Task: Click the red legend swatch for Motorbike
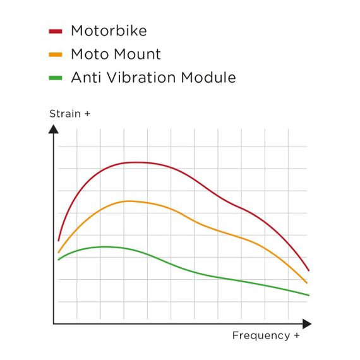click(56, 30)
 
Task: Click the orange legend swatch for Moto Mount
click(56, 54)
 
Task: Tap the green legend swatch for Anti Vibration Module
click(56, 78)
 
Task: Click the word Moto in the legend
click(88, 54)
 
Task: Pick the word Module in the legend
click(208, 78)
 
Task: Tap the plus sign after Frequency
click(296, 335)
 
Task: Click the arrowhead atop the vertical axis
click(54, 128)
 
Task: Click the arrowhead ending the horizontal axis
click(308, 324)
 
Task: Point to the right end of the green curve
click(309, 295)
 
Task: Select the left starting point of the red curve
click(58, 241)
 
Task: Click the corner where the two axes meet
click(54, 324)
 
